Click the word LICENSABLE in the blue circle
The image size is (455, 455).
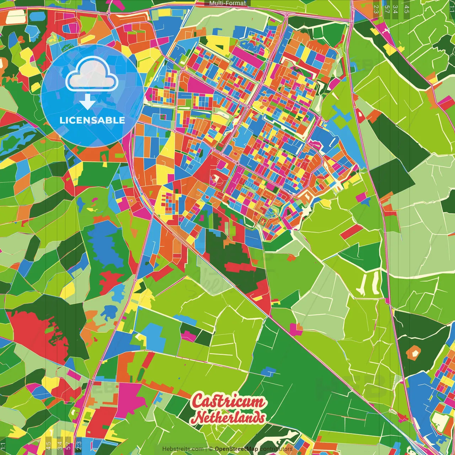pyautogui.click(x=92, y=120)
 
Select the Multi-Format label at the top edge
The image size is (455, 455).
pyautogui.click(x=227, y=3)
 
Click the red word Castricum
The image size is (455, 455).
pyautogui.click(x=229, y=401)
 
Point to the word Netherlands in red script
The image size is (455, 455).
pyautogui.click(x=229, y=417)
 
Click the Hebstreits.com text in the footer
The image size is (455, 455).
pyautogui.click(x=183, y=449)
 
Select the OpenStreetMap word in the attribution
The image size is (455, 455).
pyautogui.click(x=236, y=449)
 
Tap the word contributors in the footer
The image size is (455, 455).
pyautogui.click(x=276, y=449)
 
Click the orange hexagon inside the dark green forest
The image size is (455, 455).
pyautogui.click(x=413, y=352)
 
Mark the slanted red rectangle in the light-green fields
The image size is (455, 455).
pyautogui.click(x=352, y=232)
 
